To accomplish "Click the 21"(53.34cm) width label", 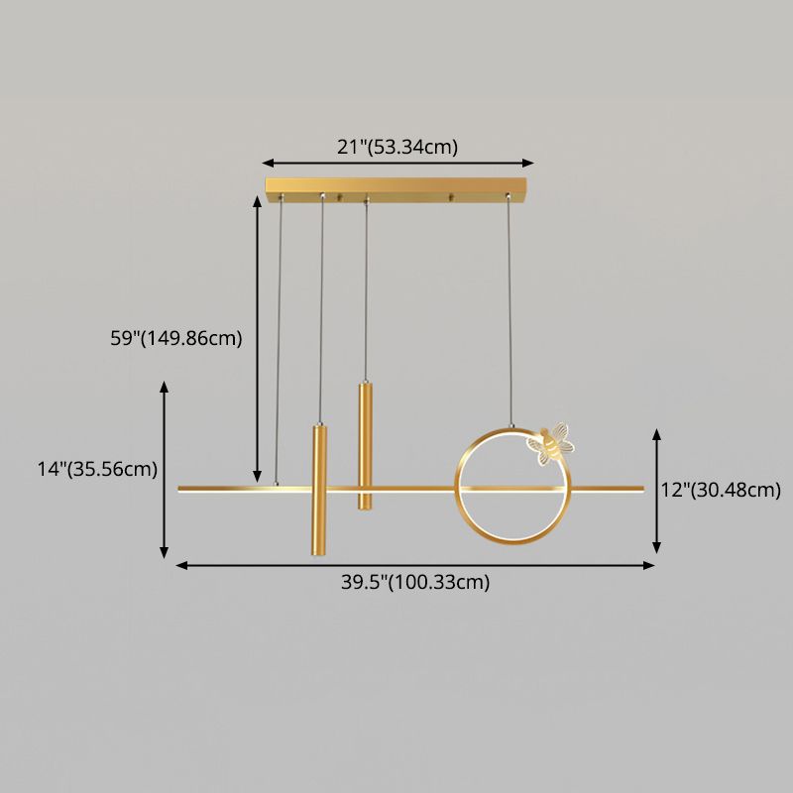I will pyautogui.click(x=397, y=148).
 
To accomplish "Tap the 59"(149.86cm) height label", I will pyautogui.click(x=176, y=338).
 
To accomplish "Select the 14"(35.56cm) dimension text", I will pyautogui.click(x=98, y=470).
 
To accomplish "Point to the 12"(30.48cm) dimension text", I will pyautogui.click(x=722, y=490).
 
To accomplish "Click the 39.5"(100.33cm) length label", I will pyautogui.click(x=415, y=583).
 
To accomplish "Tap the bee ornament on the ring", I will pyautogui.click(x=551, y=441).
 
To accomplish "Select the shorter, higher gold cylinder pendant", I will pyautogui.click(x=365, y=446).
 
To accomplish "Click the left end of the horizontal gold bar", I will pyautogui.click(x=180, y=489).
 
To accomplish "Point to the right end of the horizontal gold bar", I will pyautogui.click(x=640, y=488).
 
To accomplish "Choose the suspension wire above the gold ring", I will pyautogui.click(x=510, y=317).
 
